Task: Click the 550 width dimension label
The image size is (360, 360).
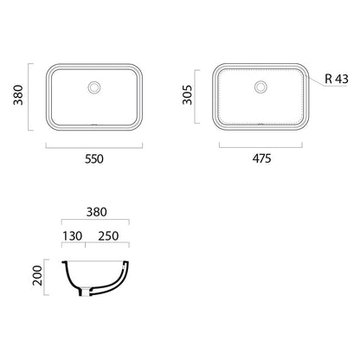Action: click(x=94, y=159)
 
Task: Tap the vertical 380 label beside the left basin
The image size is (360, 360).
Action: click(x=18, y=95)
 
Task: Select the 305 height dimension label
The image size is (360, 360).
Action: click(x=187, y=94)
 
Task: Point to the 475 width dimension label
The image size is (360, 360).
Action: click(x=261, y=158)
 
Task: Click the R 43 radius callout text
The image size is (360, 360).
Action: click(x=337, y=79)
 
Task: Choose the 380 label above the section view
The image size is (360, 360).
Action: click(x=97, y=212)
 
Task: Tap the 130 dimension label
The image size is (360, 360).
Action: click(x=73, y=236)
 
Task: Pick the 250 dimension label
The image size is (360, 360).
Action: click(x=108, y=236)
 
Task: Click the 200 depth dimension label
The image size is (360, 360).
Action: click(x=37, y=275)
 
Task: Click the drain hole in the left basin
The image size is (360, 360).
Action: click(x=94, y=87)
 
